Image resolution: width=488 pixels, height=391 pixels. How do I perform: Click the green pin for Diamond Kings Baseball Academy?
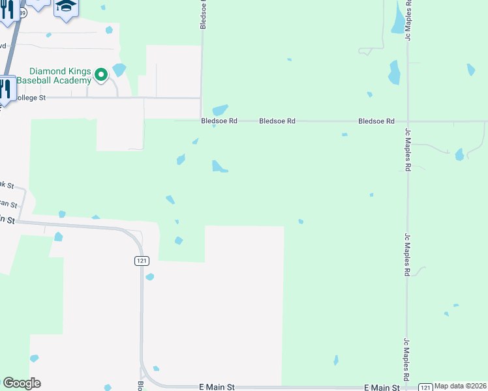pyautogui.click(x=101, y=75)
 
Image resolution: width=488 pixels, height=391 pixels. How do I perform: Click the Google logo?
pyautogui.click(x=22, y=383)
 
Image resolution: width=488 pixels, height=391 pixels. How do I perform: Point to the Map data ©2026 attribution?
pyautogui.click(x=461, y=386)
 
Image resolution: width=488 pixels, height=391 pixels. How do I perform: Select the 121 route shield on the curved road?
pyautogui.click(x=142, y=261)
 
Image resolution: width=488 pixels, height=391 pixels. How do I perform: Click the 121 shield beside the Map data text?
pyautogui.click(x=425, y=386)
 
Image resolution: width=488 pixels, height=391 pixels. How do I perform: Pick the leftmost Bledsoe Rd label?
pyautogui.click(x=219, y=121)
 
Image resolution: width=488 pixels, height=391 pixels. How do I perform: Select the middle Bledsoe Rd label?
pyautogui.click(x=277, y=121)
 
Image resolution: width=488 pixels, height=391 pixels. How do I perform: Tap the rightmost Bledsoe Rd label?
pyautogui.click(x=376, y=121)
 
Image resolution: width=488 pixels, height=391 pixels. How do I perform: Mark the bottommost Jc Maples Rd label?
pyautogui.click(x=407, y=359)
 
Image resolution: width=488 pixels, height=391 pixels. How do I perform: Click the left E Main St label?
pyautogui.click(x=216, y=387)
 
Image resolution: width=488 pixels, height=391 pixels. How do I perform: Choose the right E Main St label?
pyautogui.click(x=382, y=387)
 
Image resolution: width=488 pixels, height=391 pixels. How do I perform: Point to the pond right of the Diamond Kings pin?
pyautogui.click(x=119, y=69)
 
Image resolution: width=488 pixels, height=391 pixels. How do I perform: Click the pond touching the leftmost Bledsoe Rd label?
pyautogui.click(x=220, y=110)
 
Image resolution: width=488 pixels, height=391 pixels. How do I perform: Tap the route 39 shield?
pyautogui.click(x=23, y=12)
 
